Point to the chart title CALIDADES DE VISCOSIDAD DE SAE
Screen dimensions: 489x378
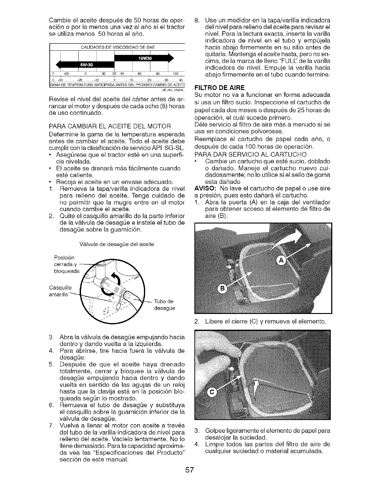(x=117, y=47)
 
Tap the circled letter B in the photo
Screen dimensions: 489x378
(x=222, y=289)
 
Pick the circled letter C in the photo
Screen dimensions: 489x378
(x=212, y=392)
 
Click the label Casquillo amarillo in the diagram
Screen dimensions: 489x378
(x=60, y=291)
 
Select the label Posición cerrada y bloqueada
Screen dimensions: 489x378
(x=66, y=264)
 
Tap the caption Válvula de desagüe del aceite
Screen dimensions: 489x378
(x=117, y=244)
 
